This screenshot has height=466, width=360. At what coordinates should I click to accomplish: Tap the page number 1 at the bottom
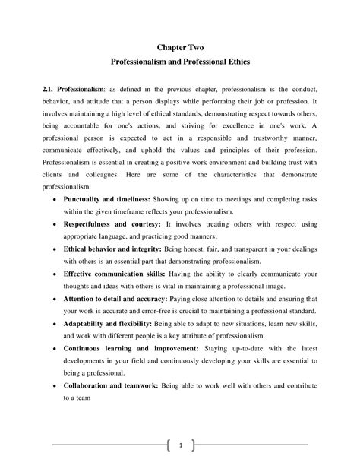180,444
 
